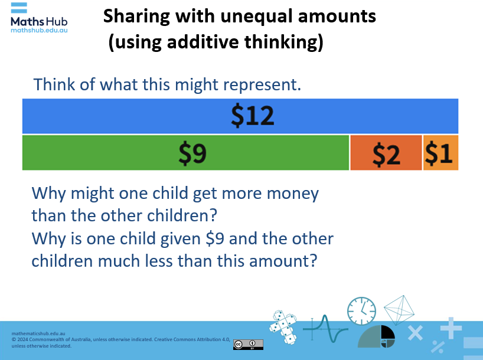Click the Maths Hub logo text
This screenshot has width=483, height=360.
(39, 21)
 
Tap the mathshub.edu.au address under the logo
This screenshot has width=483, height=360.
(39, 30)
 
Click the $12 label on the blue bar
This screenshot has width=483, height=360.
(252, 116)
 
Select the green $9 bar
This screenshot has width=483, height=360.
(186, 153)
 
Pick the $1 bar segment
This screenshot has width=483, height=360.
(440, 153)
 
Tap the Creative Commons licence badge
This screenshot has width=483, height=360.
(248, 345)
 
